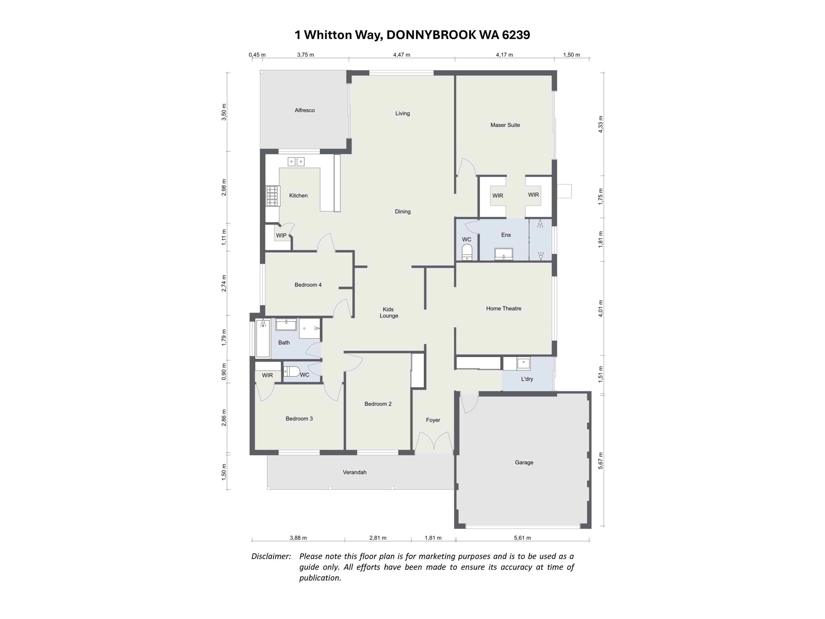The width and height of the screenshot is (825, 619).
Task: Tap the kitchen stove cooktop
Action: click(x=272, y=196)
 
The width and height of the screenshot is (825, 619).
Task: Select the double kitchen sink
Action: click(x=296, y=162)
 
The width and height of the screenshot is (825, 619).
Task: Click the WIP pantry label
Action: click(x=281, y=235)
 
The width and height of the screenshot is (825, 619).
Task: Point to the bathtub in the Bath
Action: click(x=263, y=339)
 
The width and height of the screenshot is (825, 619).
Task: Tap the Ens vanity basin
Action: click(x=504, y=254)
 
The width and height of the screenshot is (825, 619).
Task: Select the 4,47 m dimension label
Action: click(x=402, y=55)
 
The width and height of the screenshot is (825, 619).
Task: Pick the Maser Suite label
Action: click(x=505, y=125)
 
